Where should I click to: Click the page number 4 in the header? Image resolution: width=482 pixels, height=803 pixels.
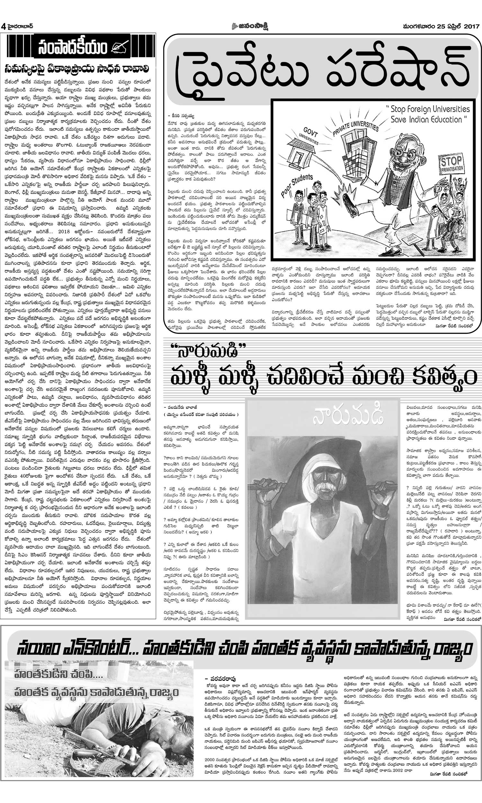pos(4,26)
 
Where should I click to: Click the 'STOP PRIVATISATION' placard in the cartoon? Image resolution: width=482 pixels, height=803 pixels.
pos(451,164)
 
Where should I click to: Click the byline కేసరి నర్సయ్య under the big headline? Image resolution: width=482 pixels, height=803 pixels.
pos(181,115)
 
